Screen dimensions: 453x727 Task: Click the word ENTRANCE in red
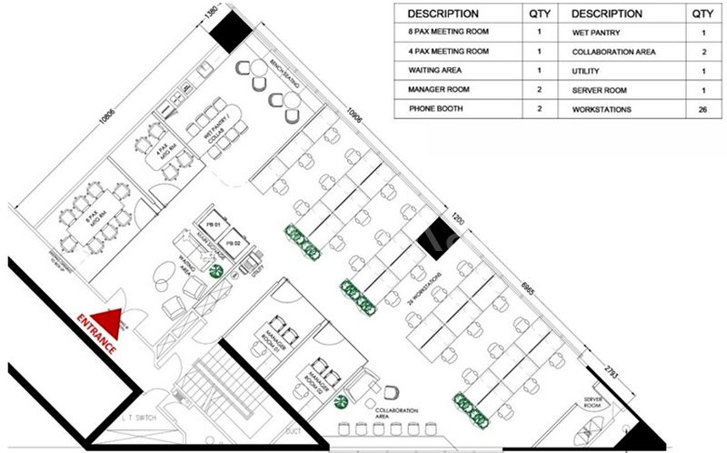tap(96, 334)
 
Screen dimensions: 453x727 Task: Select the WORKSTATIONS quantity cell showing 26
tap(702, 108)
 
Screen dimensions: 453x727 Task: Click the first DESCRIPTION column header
tap(443, 14)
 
